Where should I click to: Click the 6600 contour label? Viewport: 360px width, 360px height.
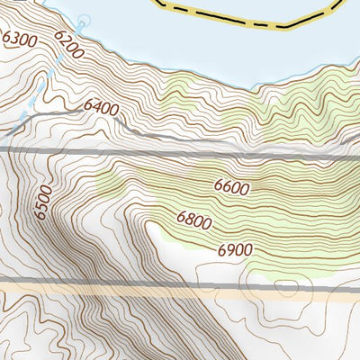tap(231, 186)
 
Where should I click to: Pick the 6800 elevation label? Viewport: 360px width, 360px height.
tap(195, 218)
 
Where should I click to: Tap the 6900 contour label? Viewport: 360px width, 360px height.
tap(233, 249)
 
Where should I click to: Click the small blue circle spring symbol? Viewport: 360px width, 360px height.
tap(85, 20)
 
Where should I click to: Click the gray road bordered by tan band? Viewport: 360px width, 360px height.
tap(135, 287)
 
